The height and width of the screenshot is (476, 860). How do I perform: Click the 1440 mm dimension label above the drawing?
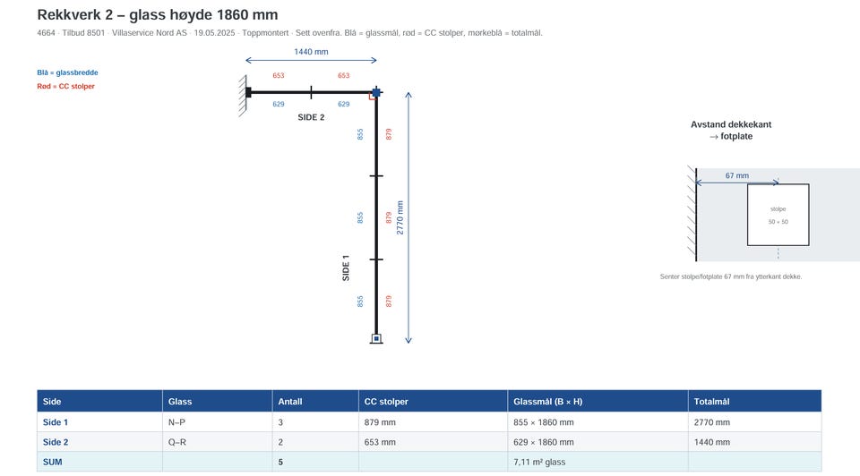[x=311, y=52]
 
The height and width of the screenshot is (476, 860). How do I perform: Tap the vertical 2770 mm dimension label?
[x=400, y=217]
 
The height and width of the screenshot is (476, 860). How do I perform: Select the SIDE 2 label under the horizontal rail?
[x=311, y=117]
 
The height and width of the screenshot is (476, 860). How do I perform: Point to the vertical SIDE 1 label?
[x=346, y=268]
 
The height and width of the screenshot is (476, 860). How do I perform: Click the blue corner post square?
[x=376, y=92]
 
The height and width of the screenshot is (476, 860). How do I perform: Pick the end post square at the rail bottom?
[x=376, y=338]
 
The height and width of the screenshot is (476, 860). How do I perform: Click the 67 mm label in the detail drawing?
[x=737, y=176]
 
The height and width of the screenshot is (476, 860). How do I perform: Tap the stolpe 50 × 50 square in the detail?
[x=778, y=215]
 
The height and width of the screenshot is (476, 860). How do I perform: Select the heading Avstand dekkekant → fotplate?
[x=731, y=131]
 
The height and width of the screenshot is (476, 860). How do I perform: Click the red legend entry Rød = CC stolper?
[x=65, y=86]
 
